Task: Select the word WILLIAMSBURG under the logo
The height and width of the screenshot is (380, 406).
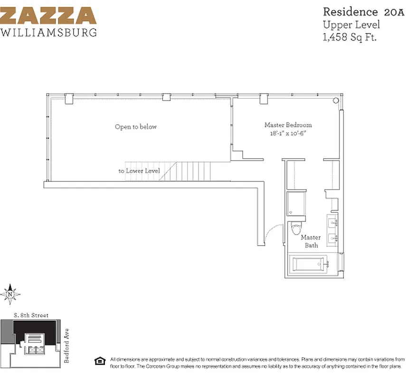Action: pos(49,33)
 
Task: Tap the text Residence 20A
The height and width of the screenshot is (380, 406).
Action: pos(353,11)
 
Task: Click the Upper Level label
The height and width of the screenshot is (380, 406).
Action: pos(346,25)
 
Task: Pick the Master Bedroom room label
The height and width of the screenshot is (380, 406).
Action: pos(288,125)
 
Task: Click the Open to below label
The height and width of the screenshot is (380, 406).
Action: pos(136,127)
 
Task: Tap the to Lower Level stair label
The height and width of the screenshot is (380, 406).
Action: pos(139,171)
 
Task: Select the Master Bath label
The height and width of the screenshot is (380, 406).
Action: pos(311,241)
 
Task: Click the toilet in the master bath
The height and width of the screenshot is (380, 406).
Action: pos(295,229)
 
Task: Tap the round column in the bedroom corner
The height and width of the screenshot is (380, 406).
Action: pos(336,101)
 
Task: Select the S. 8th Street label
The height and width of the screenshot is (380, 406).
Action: pos(31,315)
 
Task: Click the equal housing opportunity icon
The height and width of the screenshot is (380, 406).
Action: pos(99,360)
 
